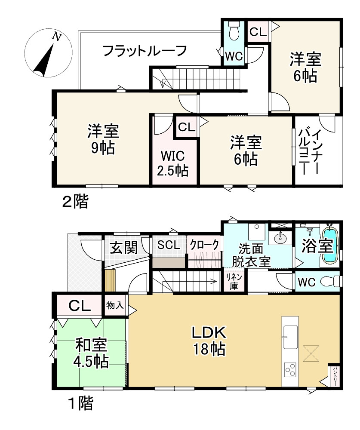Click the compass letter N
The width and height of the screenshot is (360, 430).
tap(55, 37)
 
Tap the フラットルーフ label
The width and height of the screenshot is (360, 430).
tap(145, 51)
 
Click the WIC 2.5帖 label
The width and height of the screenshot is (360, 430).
tap(172, 163)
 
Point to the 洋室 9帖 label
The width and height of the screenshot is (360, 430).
tap(103, 138)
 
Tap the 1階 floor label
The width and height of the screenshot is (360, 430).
tap(81, 403)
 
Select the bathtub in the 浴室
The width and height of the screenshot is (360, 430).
tap(329, 246)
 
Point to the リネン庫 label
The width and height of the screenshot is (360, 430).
tap(234, 282)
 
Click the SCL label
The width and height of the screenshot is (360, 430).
tap(168, 245)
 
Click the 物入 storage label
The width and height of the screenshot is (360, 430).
tap(115, 305)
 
